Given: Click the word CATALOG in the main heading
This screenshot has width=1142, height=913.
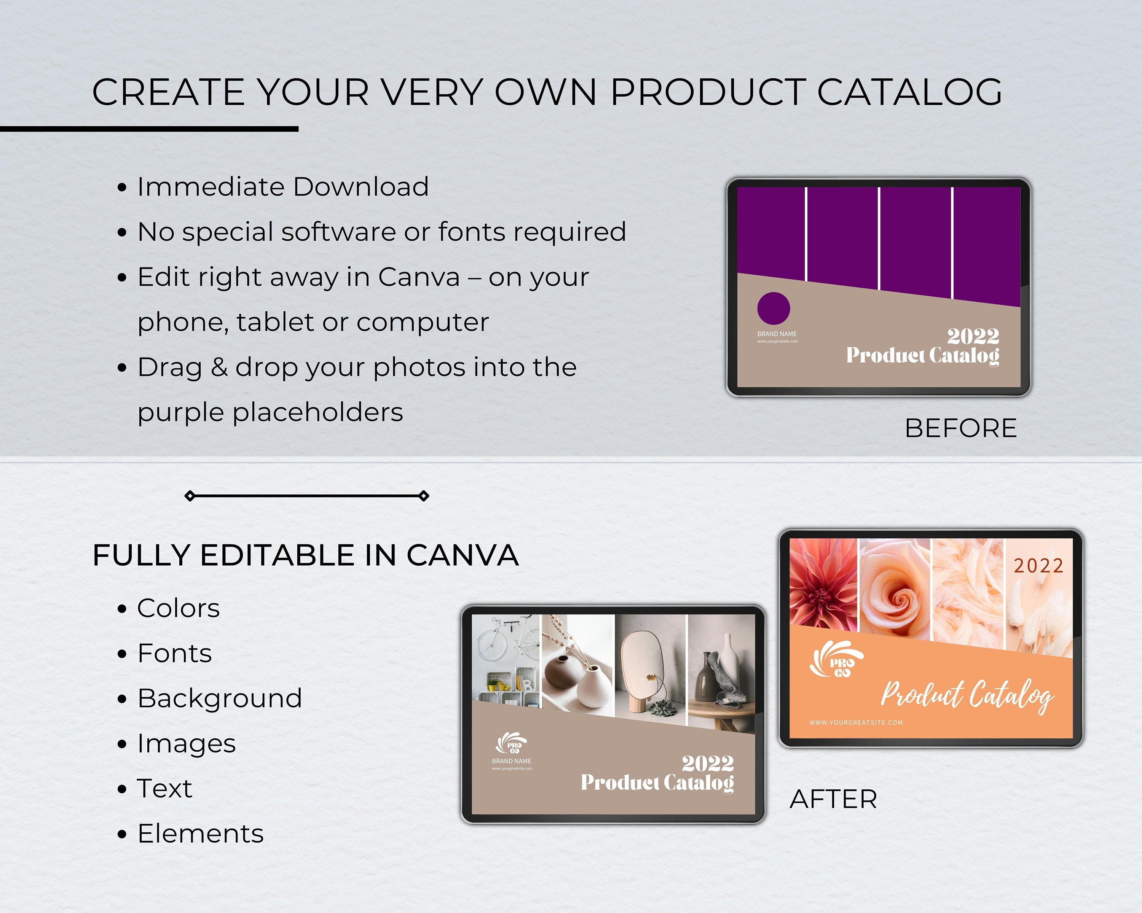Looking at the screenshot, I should click(x=909, y=92).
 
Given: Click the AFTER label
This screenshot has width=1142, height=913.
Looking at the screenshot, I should click(x=833, y=799).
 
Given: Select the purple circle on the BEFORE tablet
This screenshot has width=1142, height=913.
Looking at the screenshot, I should click(x=774, y=308).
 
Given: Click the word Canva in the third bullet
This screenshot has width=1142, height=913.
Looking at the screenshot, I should click(x=418, y=277).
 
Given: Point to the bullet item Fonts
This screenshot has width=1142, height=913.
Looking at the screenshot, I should click(x=174, y=653).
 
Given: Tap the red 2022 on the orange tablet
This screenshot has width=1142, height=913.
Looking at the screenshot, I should click(x=1038, y=566).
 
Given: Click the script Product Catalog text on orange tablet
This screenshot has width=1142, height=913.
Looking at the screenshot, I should click(x=967, y=694).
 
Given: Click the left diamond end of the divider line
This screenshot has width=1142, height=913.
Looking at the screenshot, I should click(x=190, y=496).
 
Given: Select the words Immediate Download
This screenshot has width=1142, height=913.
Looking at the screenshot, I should click(x=282, y=187).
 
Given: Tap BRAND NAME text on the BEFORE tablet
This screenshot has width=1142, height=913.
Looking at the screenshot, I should click(x=777, y=334).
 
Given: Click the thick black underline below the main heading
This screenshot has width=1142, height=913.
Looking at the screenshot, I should click(x=149, y=129).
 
